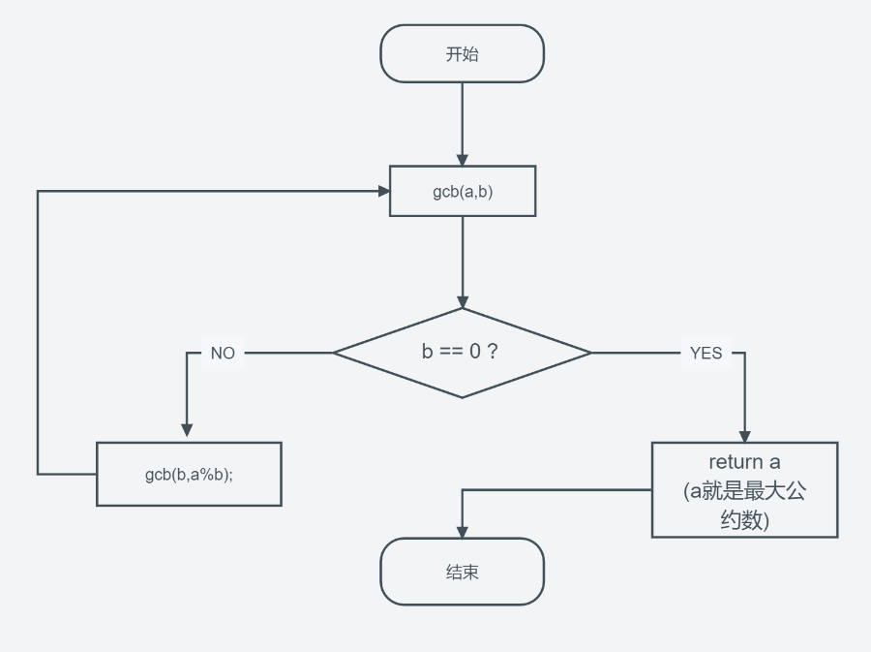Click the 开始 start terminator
point(462,54)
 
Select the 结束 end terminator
point(462,572)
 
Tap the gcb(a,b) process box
point(462,192)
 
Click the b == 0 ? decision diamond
point(462,353)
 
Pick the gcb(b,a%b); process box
point(189,475)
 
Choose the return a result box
point(743,490)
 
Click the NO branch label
point(223,354)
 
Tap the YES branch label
point(706,354)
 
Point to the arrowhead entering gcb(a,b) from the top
point(462,160)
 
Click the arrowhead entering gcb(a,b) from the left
point(383,192)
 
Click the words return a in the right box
point(743,462)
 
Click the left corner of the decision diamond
point(335,353)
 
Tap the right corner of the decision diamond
point(589,353)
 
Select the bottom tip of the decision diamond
point(462,396)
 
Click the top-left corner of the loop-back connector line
point(38,192)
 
